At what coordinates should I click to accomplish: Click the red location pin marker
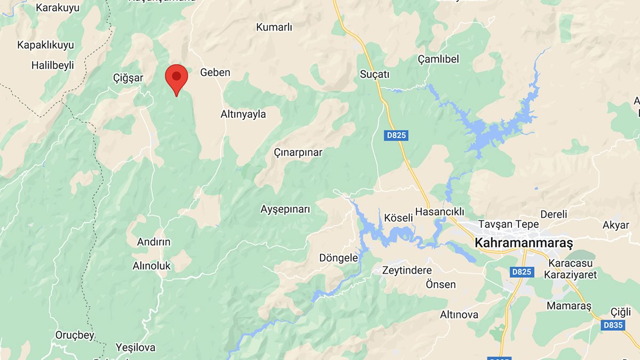177,78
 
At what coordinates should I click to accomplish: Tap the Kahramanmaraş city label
523,243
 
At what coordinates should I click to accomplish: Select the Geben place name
215,73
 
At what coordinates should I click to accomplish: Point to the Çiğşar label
128,78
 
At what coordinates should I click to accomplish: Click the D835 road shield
613,325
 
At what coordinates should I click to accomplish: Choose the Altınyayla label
243,114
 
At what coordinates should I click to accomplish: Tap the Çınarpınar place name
298,153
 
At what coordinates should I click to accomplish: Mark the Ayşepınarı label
285,209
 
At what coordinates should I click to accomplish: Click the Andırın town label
154,242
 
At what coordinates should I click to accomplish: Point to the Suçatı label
374,74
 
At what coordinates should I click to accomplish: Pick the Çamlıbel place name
438,59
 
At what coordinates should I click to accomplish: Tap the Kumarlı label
275,28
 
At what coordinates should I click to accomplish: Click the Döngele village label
338,258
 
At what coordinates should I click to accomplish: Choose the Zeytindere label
407,270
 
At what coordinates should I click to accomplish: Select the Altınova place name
459,315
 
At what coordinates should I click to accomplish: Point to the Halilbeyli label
53,66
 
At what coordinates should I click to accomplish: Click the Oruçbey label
75,335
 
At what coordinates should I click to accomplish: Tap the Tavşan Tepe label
508,225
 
